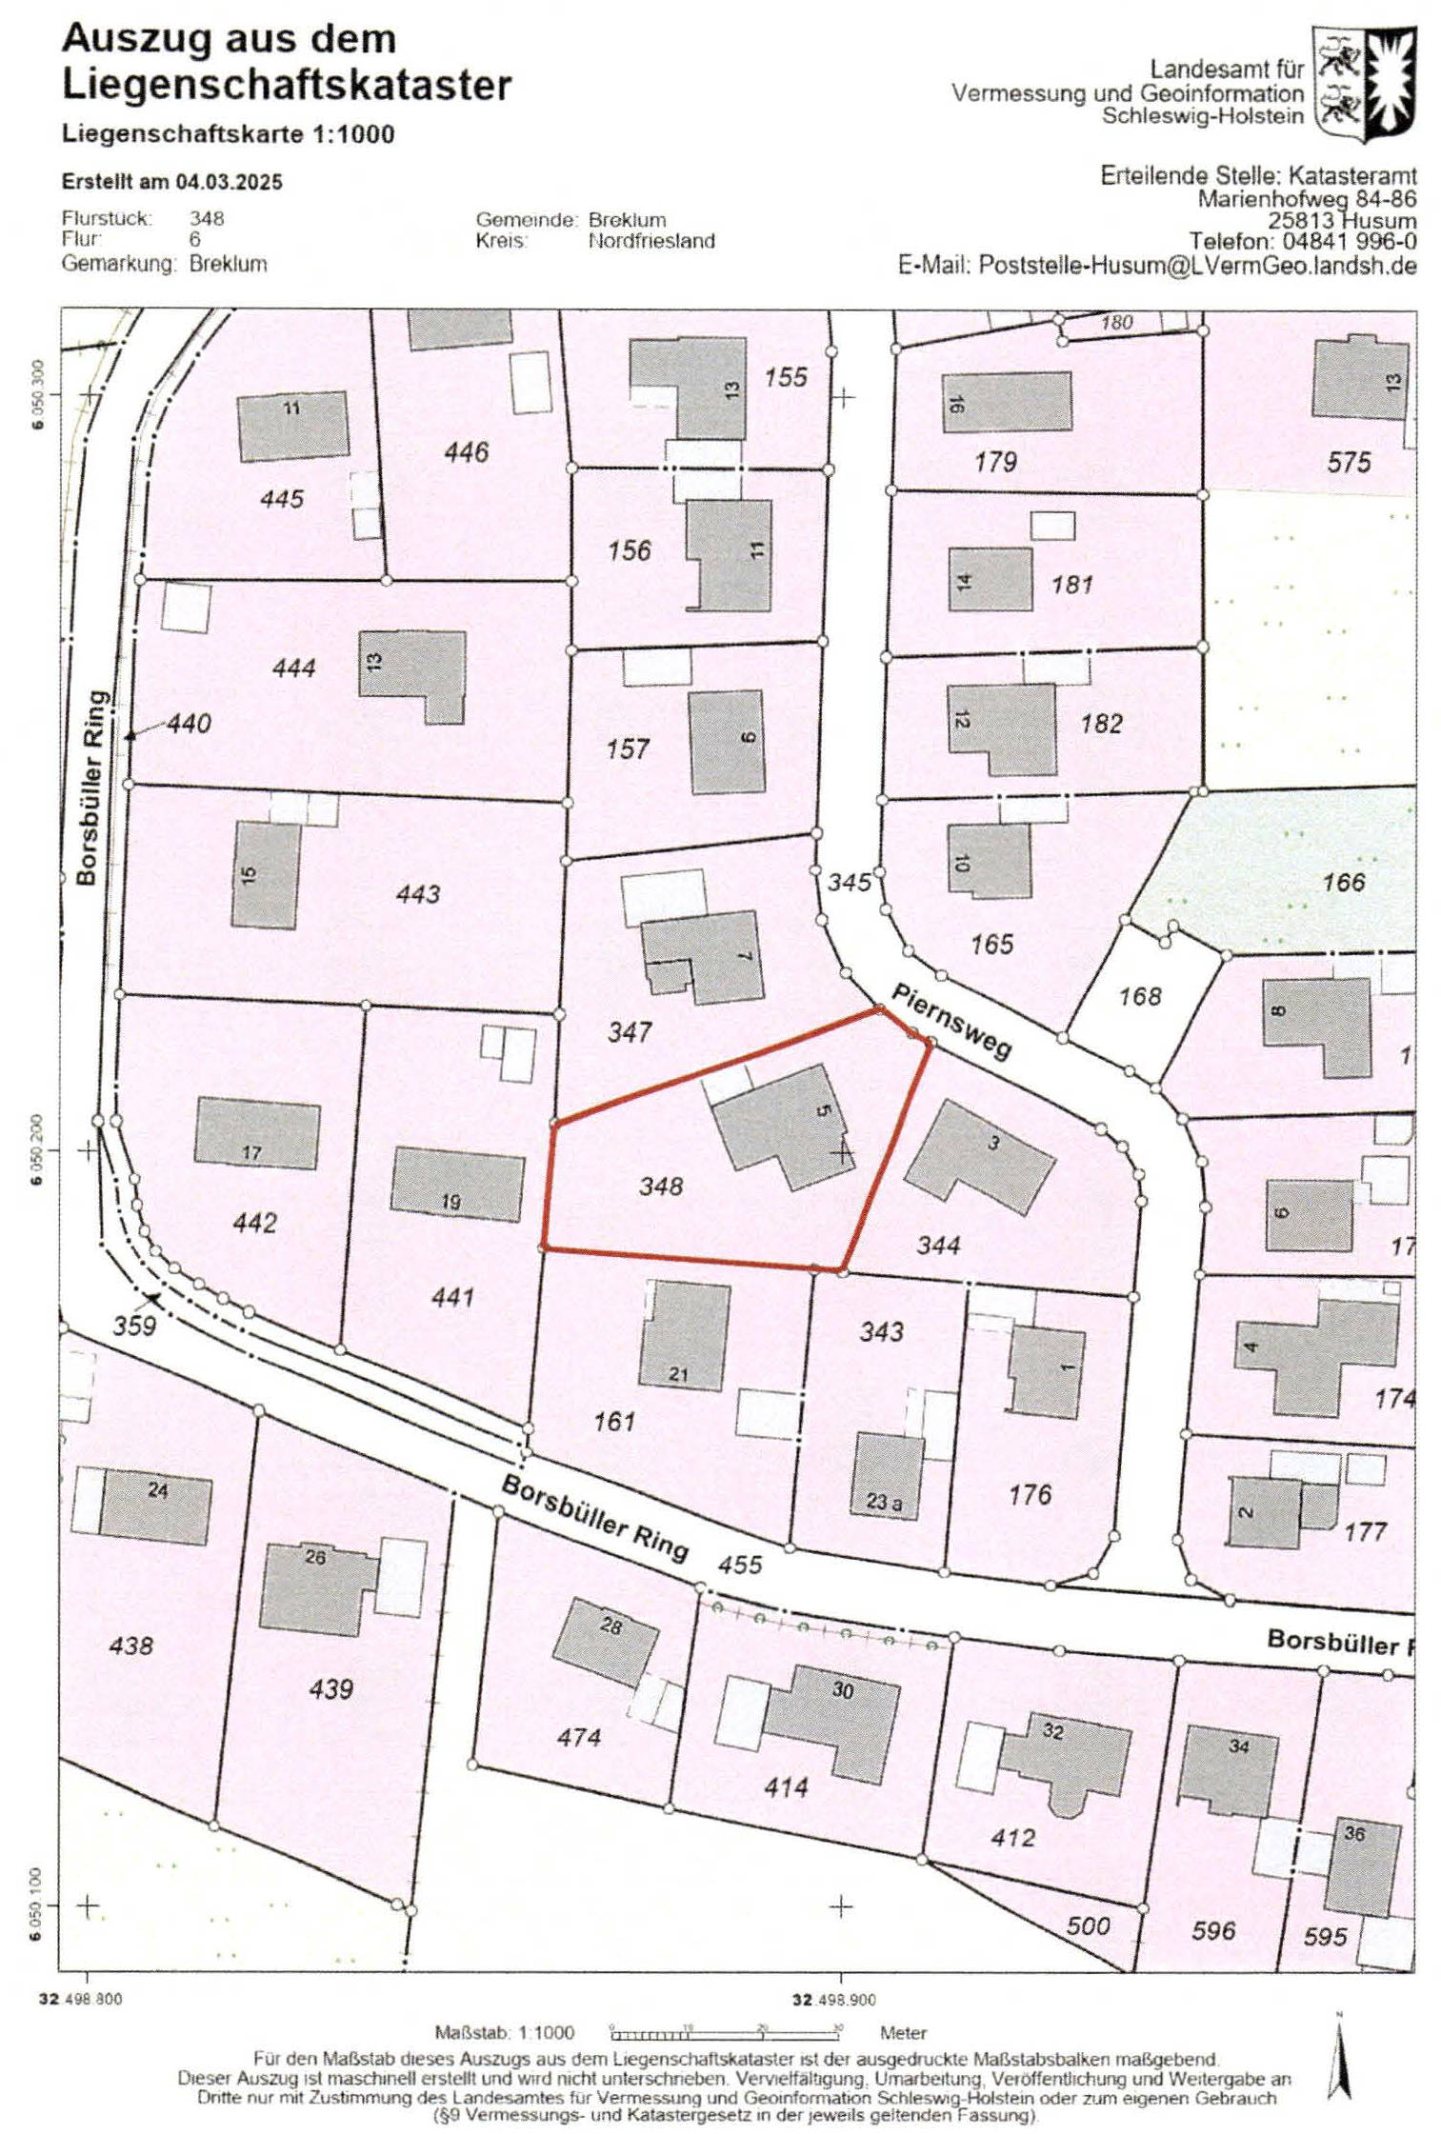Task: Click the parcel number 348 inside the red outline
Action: pyautogui.click(x=661, y=1186)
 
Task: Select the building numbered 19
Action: pyautogui.click(x=456, y=1185)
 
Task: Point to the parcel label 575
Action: pyautogui.click(x=1349, y=463)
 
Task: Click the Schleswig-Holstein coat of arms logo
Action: pyautogui.click(x=1364, y=84)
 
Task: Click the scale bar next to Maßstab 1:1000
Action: pyautogui.click(x=724, y=2032)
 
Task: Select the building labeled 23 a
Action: pyautogui.click(x=887, y=1475)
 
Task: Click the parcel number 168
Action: pyautogui.click(x=1140, y=997)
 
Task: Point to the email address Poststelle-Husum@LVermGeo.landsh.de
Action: pyautogui.click(x=1197, y=266)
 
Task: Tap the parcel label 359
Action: pyautogui.click(x=134, y=1326)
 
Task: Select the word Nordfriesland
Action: pyautogui.click(x=651, y=241)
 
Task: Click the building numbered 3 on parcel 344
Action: pyautogui.click(x=978, y=1157)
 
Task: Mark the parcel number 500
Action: pyautogui.click(x=1088, y=1926)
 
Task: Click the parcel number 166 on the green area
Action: pyautogui.click(x=1343, y=882)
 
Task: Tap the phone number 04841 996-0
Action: pyautogui.click(x=1351, y=243)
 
